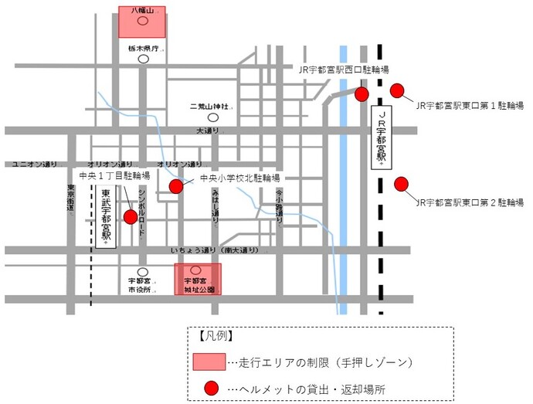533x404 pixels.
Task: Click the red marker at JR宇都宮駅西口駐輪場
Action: [362, 94]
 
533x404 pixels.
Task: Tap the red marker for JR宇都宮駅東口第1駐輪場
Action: [398, 91]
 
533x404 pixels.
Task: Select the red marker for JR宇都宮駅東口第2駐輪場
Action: [401, 184]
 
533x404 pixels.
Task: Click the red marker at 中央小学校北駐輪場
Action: [176, 186]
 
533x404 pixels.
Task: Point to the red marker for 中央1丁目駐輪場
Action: [131, 217]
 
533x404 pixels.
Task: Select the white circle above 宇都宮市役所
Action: [141, 270]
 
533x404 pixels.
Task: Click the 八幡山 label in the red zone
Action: [142, 11]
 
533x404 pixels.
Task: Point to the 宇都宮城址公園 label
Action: [199, 287]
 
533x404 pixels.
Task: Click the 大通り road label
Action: [208, 131]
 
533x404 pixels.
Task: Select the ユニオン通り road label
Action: [36, 164]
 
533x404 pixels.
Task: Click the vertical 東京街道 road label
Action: [70, 198]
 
